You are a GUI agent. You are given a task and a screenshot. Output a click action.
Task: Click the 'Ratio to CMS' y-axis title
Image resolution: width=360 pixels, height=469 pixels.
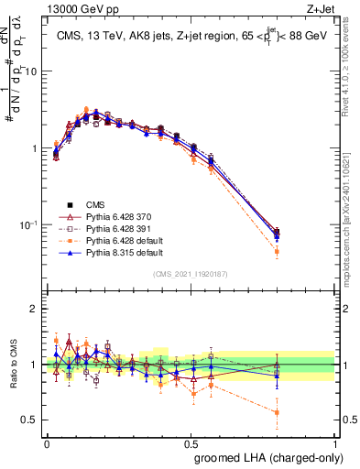16,365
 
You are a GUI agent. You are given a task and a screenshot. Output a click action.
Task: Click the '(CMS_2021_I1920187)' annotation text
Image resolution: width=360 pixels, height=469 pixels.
191,273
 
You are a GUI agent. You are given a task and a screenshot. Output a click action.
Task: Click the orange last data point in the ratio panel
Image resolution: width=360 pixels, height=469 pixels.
277,412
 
